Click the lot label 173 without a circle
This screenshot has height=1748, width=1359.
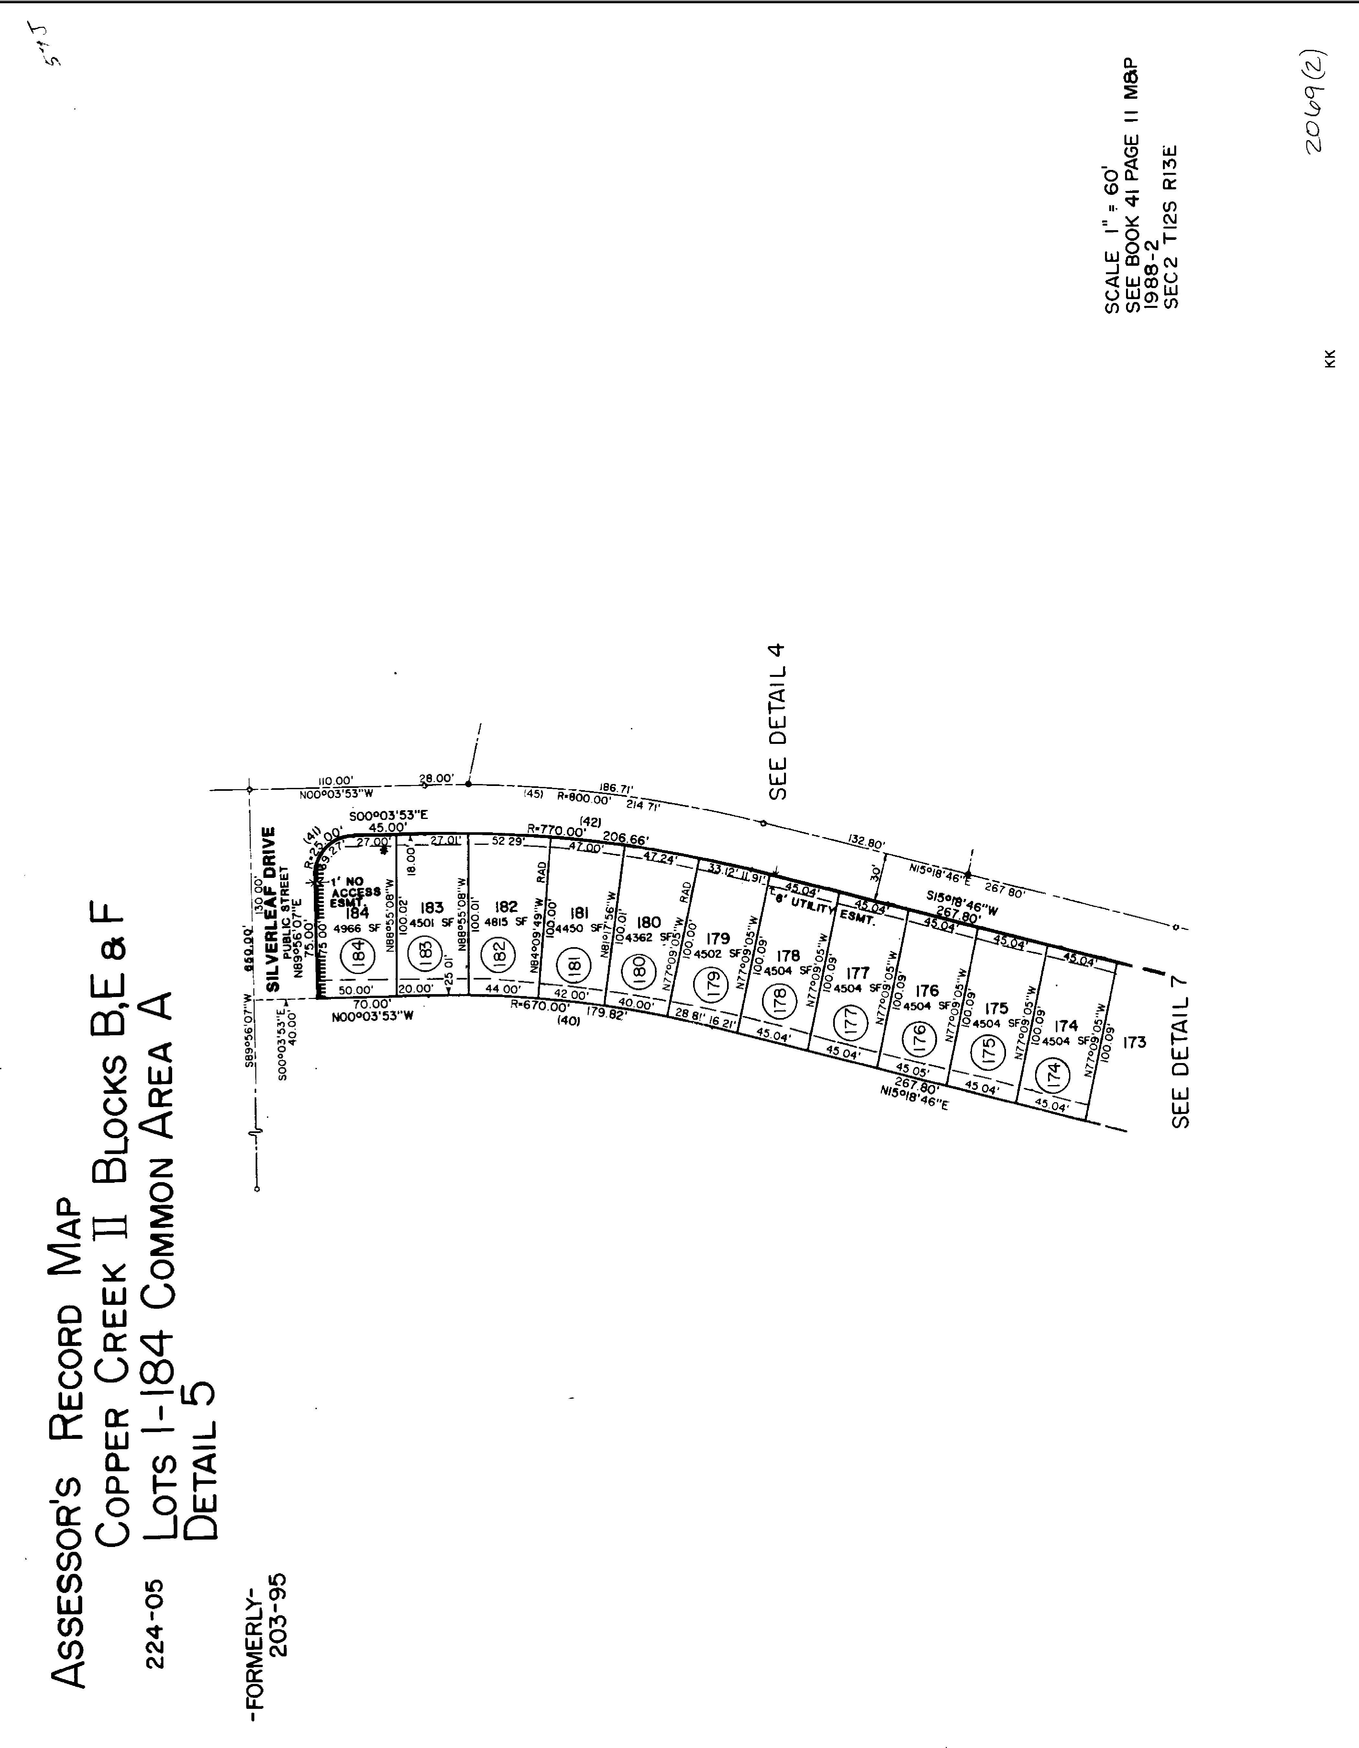[x=1134, y=1042]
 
